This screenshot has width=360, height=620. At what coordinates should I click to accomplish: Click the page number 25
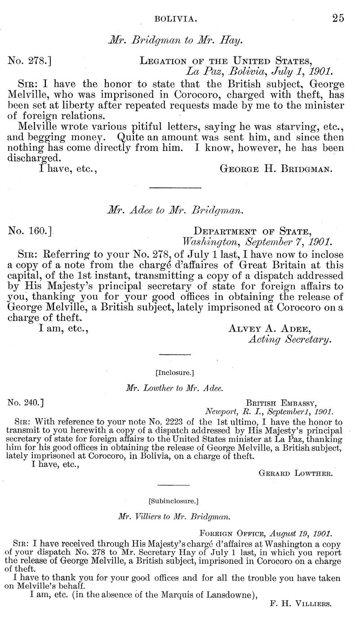coord(338,18)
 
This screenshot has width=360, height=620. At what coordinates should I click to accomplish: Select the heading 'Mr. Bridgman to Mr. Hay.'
coord(175,40)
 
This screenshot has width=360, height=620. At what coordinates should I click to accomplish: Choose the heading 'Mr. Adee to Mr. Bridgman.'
coord(175,209)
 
